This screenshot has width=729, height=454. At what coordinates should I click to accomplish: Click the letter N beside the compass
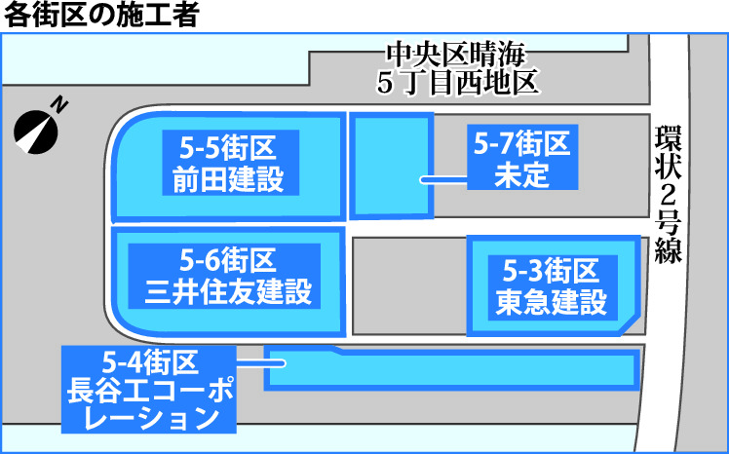coord(59,102)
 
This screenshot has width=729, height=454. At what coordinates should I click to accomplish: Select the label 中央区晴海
coord(457,55)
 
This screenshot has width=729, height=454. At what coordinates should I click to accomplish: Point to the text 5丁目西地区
coord(457,82)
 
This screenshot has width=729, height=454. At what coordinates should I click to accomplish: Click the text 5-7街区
coord(522,144)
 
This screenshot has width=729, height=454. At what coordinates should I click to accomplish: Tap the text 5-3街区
coord(551,269)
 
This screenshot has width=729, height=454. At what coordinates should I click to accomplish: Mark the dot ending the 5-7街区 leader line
coord(422,179)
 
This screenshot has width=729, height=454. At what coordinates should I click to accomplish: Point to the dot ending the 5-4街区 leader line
coord(281,364)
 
